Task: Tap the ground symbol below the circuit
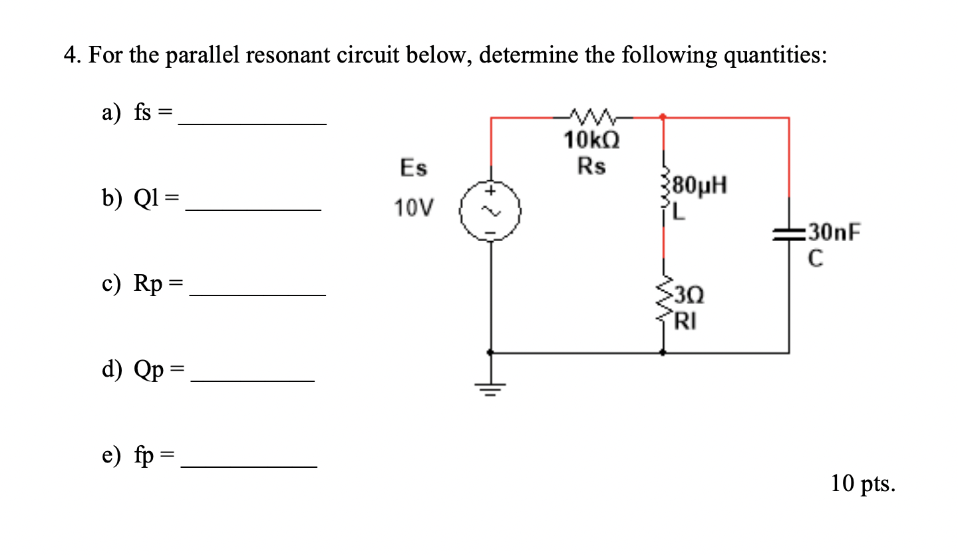tap(492, 387)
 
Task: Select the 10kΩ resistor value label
tap(591, 141)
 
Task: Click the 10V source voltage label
tap(412, 209)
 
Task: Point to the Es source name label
tap(413, 168)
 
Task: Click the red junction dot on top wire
tap(663, 118)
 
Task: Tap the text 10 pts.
tap(862, 484)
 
